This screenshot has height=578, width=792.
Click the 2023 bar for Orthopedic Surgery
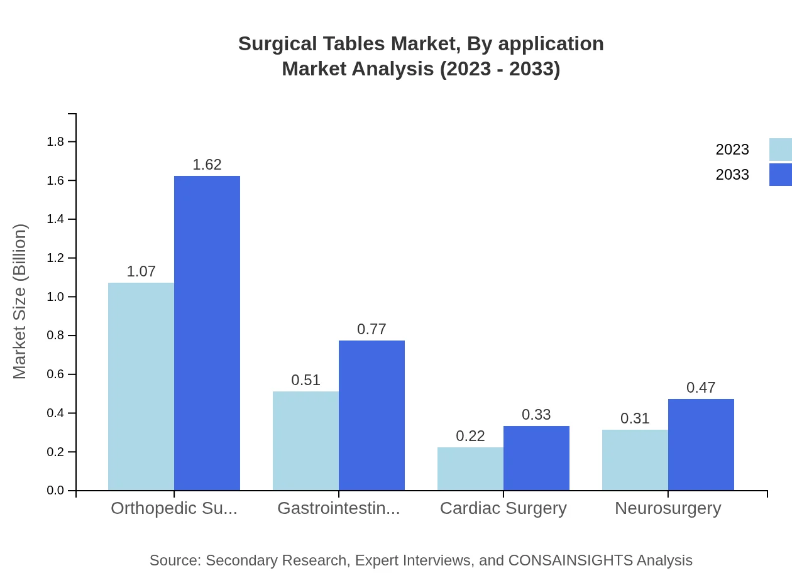click(x=141, y=386)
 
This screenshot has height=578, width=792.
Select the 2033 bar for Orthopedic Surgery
click(x=207, y=333)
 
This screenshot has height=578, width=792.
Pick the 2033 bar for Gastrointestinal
click(x=371, y=415)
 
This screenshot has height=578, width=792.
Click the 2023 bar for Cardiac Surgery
click(x=470, y=469)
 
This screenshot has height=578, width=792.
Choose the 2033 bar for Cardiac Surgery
click(x=536, y=458)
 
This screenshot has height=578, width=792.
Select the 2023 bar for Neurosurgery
click(x=635, y=460)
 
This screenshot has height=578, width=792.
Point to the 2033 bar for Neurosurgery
click(x=701, y=445)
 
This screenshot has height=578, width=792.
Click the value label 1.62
click(x=207, y=165)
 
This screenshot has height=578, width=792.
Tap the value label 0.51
click(x=305, y=380)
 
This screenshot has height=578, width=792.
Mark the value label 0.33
click(x=536, y=415)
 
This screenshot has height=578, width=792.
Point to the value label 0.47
click(x=701, y=388)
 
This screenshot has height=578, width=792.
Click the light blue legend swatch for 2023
click(x=780, y=150)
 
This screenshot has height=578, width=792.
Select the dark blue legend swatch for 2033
click(x=780, y=175)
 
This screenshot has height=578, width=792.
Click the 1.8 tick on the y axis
click(x=56, y=142)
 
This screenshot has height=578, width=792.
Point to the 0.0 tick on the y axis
click(x=56, y=491)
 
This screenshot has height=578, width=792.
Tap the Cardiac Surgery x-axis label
click(x=503, y=508)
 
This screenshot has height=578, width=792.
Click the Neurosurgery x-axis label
click(x=668, y=508)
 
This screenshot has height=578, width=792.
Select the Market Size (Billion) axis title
click(x=20, y=302)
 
